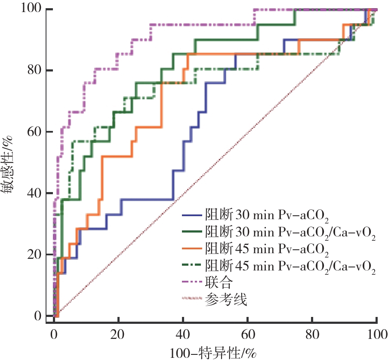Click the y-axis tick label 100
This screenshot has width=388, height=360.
coord(30,9)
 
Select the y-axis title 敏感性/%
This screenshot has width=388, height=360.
coord(10,162)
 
